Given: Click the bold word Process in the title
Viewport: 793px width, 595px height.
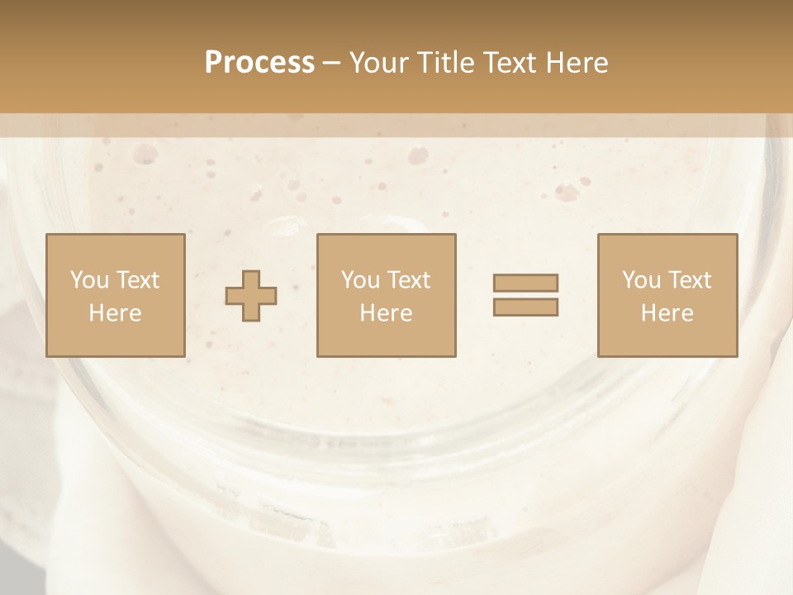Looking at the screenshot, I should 259,63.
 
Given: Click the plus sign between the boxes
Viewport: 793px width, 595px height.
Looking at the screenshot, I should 251,296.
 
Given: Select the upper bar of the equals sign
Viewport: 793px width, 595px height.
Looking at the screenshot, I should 525,283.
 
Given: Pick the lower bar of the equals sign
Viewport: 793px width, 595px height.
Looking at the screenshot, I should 525,307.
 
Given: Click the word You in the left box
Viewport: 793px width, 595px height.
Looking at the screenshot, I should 89,280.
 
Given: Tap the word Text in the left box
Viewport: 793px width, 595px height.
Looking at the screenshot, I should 136,280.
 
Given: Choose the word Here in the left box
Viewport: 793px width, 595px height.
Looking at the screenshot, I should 115,313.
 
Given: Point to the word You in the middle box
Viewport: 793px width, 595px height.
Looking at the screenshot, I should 360,280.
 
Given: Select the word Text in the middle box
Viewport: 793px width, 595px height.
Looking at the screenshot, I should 408,280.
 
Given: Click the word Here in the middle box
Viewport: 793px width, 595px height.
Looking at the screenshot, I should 387,313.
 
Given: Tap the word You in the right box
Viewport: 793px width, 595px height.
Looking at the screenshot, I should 641,280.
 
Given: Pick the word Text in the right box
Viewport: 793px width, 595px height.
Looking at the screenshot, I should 689,280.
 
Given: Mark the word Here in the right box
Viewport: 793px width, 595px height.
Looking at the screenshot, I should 667,313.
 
